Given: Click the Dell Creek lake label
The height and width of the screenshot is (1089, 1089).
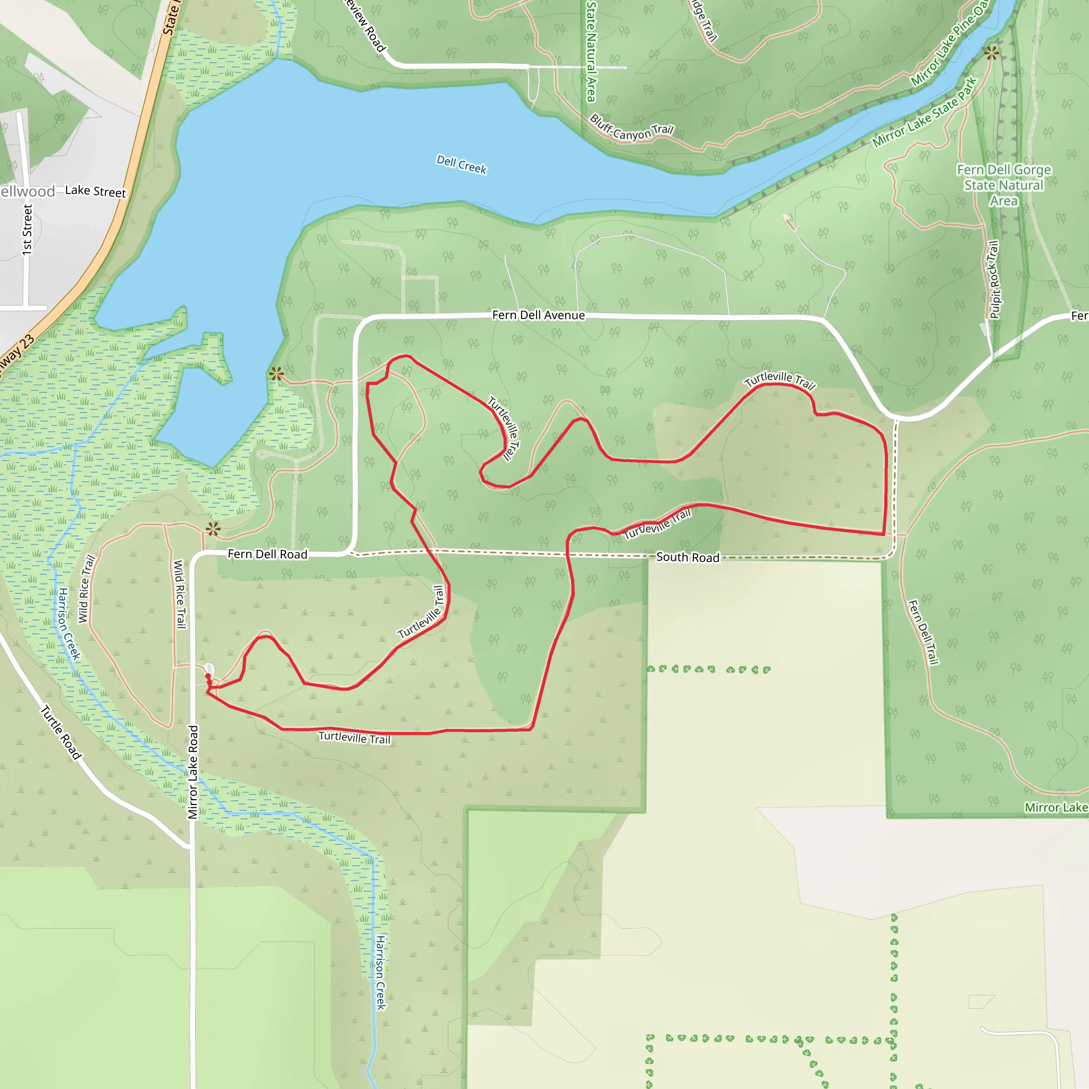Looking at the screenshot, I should point(461,165).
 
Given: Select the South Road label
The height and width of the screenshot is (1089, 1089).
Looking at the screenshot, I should point(688,557).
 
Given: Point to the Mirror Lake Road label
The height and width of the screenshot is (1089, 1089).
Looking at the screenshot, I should point(194,772).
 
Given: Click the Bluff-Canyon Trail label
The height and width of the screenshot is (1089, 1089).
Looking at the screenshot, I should point(631,128).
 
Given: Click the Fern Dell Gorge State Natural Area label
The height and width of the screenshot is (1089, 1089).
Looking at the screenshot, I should point(1003,185).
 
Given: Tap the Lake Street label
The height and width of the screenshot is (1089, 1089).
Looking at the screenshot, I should point(95,191).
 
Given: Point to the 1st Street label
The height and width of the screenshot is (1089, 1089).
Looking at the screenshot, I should point(27,229).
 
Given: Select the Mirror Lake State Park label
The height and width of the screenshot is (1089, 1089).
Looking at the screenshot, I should point(924,113).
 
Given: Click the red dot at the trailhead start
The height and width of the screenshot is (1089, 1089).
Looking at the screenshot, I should point(208,676).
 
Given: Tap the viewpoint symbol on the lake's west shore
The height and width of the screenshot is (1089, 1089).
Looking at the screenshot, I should point(276,373).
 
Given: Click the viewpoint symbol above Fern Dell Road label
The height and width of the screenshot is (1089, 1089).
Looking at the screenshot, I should point(213,528).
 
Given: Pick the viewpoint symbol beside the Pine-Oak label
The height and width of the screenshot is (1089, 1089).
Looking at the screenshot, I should point(992,54).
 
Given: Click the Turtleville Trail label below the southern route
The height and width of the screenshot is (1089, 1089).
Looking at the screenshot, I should point(354,738).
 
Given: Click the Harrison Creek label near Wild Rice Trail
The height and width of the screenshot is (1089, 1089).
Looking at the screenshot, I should point(69,624).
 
